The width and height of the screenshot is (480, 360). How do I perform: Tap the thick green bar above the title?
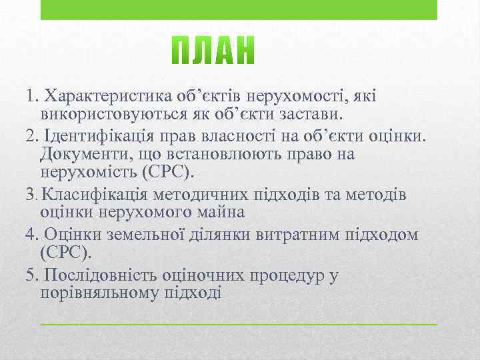tap(239, 10)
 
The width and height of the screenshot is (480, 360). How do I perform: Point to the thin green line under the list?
tap(239, 323)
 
